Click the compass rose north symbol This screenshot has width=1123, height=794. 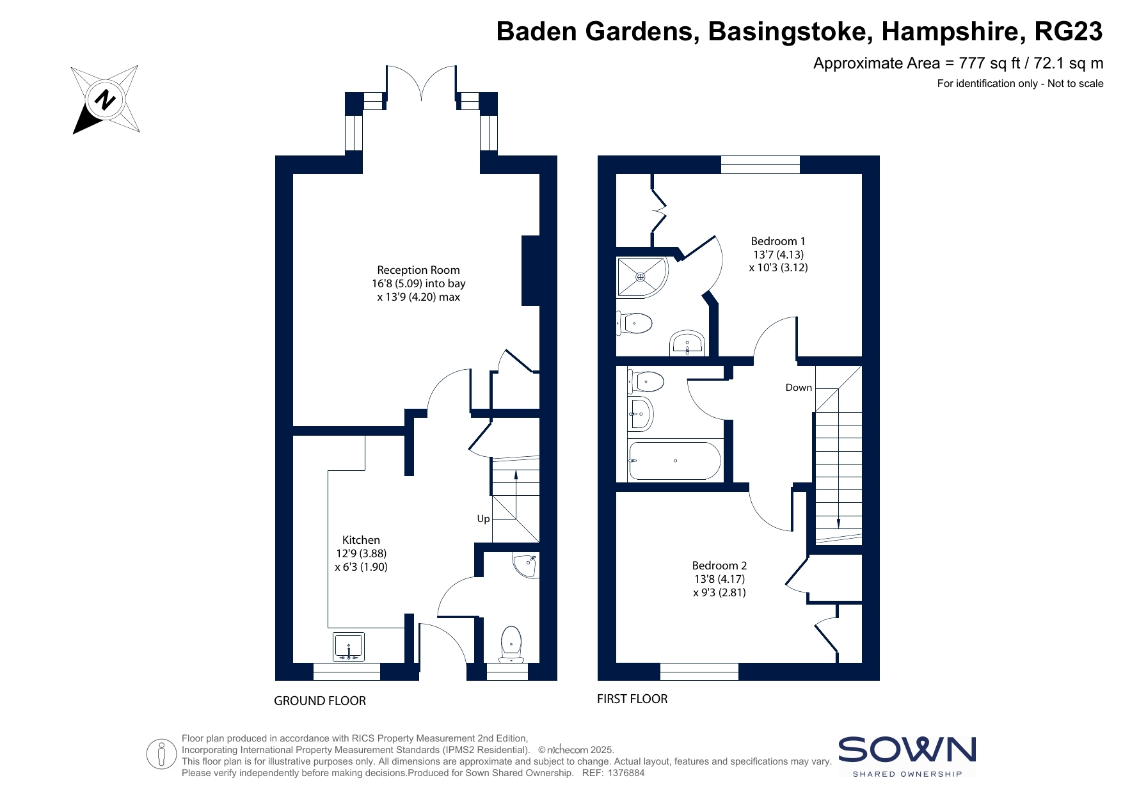pos(106,100)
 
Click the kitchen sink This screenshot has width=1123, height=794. pos(349,646)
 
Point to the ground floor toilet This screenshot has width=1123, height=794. pos(511,644)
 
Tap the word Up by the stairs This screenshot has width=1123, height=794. pos(483,518)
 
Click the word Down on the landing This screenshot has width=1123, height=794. pos(799,387)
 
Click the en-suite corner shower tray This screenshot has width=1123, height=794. pos(642,277)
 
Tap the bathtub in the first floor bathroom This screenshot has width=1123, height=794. pos(675,461)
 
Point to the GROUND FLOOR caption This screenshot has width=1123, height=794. pos(320,701)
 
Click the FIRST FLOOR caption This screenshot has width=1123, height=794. pos(632,699)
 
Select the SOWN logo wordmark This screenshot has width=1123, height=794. pos(907,750)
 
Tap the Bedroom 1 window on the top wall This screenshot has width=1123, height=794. pos(760,164)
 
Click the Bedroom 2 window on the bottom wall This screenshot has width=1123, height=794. pos(699,672)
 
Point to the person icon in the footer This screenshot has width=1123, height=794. pos(161,754)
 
